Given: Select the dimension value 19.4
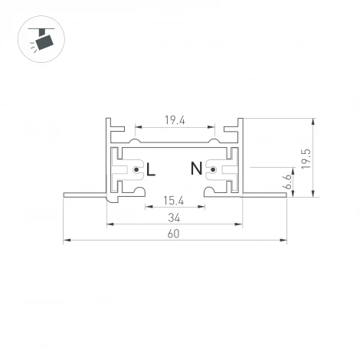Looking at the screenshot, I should point(173,119).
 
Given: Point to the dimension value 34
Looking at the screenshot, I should point(173,217).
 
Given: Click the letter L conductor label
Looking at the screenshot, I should point(150,169).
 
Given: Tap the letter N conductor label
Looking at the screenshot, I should point(196,169).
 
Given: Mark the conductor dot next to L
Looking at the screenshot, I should point(136,169).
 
